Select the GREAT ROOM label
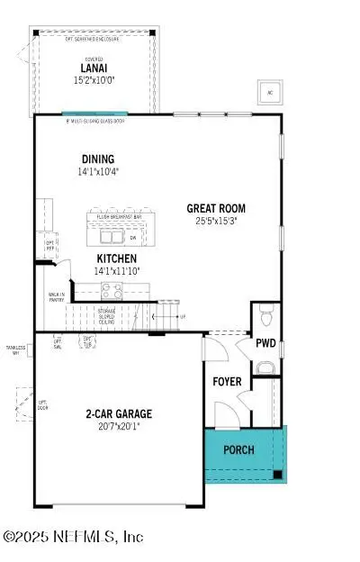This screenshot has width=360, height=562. click(215, 208)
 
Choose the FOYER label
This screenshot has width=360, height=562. click(227, 382)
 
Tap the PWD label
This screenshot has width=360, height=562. click(265, 343)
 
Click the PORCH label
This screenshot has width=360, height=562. click(238, 449)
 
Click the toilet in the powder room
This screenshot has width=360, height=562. click(265, 317)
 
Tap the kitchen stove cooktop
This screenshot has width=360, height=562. click(112, 291)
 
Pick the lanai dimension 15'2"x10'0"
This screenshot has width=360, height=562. click(94, 78)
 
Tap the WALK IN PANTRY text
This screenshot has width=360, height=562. click(56, 297)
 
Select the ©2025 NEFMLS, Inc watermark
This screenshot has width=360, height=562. click(74, 537)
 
